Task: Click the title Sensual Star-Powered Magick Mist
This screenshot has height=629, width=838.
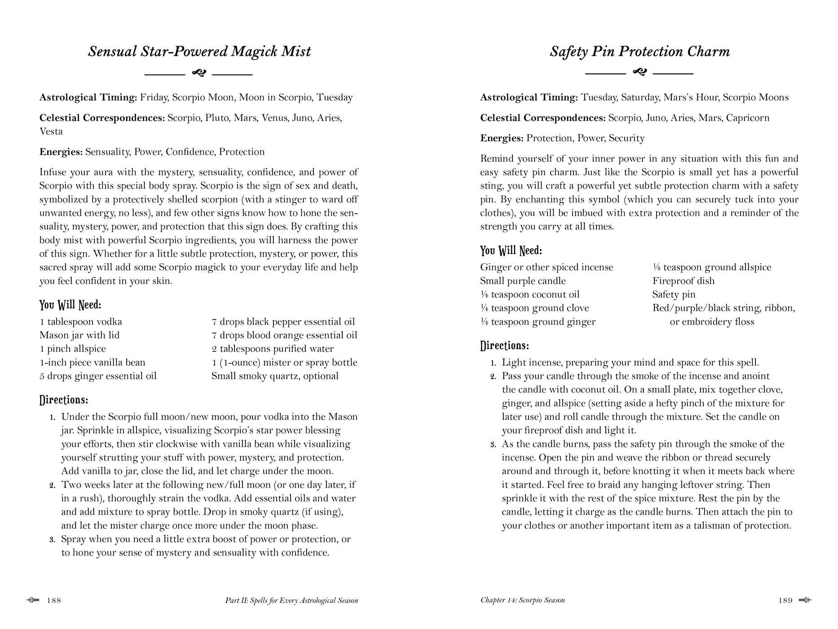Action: [x=199, y=51]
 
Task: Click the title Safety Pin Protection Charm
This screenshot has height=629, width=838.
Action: [x=640, y=51]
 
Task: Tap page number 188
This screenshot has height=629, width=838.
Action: [x=54, y=600]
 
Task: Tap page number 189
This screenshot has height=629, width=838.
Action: [x=785, y=600]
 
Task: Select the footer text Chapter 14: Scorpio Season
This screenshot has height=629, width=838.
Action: [x=522, y=600]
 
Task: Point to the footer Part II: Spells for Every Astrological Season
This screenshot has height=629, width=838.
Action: [x=291, y=600]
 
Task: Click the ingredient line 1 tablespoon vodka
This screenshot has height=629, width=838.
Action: [x=81, y=322]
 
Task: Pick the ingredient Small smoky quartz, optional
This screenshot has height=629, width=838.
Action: [x=275, y=376]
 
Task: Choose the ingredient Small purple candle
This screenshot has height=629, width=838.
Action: [x=523, y=281]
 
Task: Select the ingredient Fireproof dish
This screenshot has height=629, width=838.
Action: [x=683, y=281]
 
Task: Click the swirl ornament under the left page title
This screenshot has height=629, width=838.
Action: [x=198, y=73]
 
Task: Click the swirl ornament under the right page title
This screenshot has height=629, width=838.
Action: [x=639, y=72]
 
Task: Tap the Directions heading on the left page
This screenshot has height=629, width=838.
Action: [x=63, y=400]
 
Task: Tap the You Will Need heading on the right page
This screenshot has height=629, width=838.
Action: [x=511, y=250]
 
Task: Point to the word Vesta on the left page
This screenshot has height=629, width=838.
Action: [x=51, y=131]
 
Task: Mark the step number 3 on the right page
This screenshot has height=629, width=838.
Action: [x=493, y=444]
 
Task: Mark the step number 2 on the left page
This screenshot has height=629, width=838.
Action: [x=52, y=485]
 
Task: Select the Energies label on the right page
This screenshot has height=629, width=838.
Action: [x=502, y=138]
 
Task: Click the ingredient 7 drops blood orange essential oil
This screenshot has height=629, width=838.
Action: [x=284, y=335]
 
